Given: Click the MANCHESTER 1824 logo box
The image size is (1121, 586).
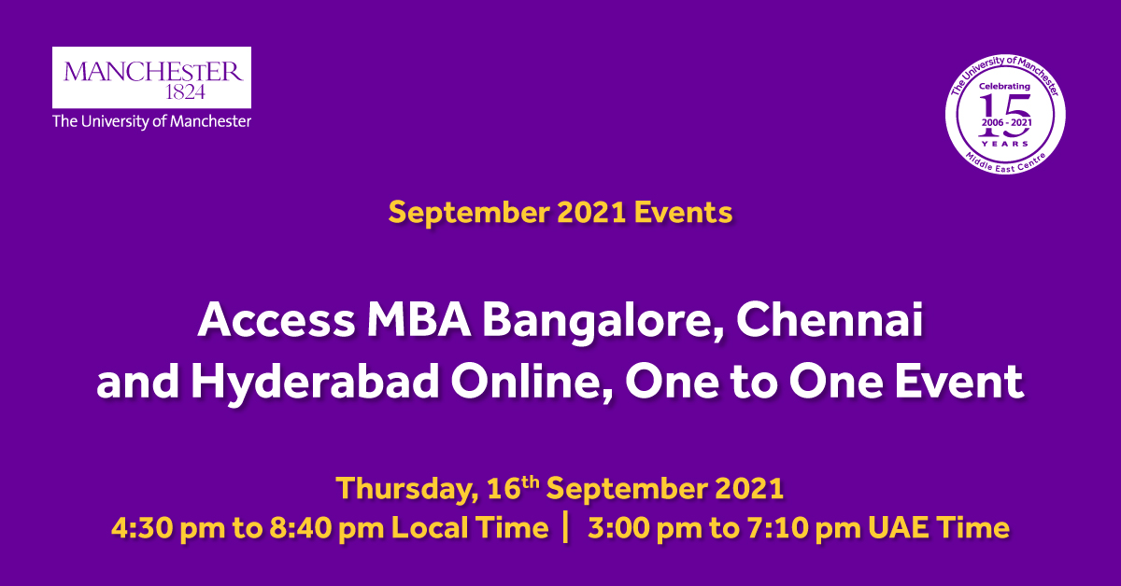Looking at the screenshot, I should tap(151, 77).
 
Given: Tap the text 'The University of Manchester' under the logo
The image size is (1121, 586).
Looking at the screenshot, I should tap(151, 121).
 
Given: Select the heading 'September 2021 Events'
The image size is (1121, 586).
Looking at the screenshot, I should tap(560, 213).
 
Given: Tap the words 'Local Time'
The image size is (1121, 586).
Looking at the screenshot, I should tap(470, 528).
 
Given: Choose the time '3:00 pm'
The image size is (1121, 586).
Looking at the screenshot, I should tap(646, 528).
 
